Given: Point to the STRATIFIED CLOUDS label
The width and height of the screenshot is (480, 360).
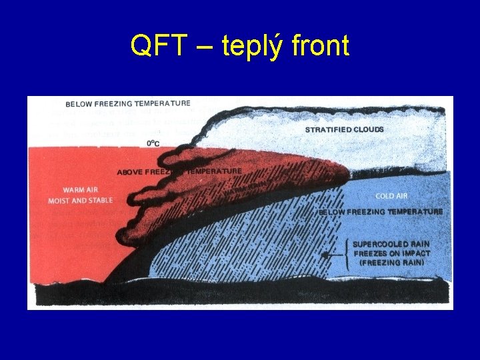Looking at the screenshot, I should (344, 129).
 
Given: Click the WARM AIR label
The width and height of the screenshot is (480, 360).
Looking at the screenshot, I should (81, 190).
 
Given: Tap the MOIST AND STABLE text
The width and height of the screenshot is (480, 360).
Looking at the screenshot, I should (80, 201).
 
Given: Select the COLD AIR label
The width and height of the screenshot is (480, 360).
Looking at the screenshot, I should (391, 196).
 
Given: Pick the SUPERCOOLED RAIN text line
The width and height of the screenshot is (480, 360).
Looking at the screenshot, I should (391, 244).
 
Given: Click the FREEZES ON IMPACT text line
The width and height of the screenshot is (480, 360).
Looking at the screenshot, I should (391, 253).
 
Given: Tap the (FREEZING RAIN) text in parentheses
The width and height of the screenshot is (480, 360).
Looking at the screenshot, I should (391, 263).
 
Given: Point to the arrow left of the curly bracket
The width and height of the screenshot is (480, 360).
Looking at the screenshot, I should (328, 254).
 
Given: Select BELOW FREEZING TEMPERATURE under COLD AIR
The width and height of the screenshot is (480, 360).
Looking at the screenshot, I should (380, 211).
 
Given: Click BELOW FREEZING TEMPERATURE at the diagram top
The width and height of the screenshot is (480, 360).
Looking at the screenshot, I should (128, 104).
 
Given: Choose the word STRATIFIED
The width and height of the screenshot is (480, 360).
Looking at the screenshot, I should (326, 129).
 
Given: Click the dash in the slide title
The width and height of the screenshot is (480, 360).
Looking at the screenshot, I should (204, 47).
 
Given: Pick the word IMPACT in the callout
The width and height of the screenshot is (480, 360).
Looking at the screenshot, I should (415, 253).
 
